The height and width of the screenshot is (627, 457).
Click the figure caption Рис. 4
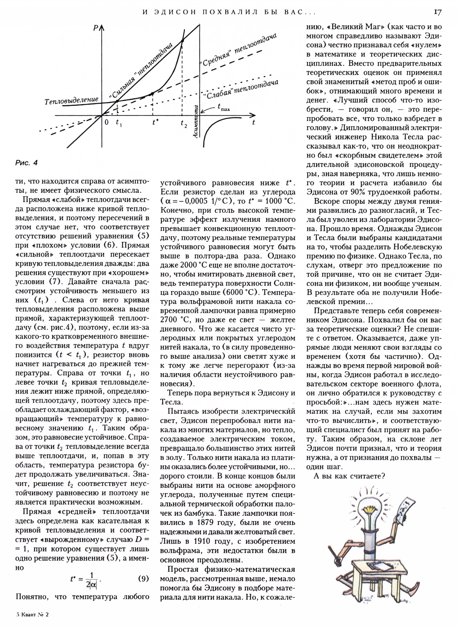[x=26, y=163]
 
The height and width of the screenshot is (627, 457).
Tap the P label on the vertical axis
[x=95, y=28]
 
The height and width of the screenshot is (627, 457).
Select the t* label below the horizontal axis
[x=155, y=122]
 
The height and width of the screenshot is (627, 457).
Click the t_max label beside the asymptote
[x=224, y=107]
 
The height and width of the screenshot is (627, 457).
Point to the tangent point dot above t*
[x=152, y=93]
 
